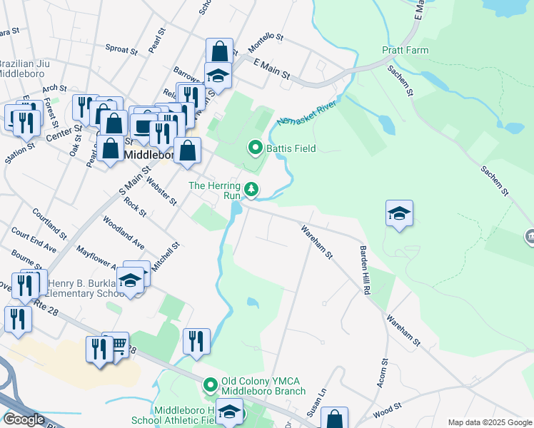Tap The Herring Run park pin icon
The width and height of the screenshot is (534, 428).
[251, 190]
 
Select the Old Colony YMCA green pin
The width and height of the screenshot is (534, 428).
[210, 386]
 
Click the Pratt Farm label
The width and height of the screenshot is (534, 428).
[405, 51]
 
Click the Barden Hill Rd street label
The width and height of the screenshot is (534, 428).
[366, 272]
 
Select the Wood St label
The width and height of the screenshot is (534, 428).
[382, 412]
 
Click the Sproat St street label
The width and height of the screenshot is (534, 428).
[121, 50]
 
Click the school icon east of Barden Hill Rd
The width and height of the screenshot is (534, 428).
[399, 213]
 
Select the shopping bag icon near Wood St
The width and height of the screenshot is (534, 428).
[333, 419]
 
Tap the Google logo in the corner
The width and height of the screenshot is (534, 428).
[24, 419]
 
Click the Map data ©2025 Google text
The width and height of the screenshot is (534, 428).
[490, 422]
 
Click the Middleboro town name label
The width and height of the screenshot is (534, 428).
[147, 154]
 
